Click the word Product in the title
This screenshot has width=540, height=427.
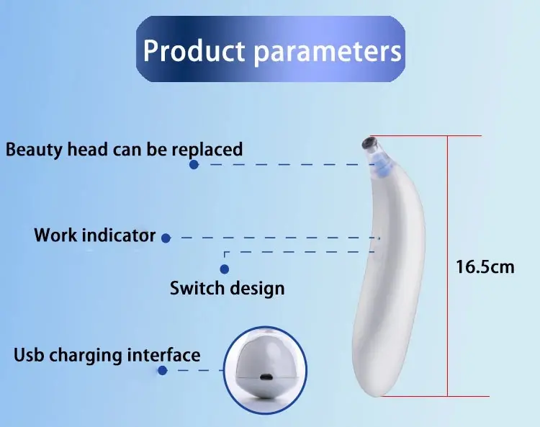[194, 50]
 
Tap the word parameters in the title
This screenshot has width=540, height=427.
[328, 53]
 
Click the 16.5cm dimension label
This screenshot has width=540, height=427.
[485, 267]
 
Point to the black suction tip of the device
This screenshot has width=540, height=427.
[369, 142]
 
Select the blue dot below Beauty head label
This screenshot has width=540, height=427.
[194, 165]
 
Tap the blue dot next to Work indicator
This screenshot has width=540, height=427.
[166, 238]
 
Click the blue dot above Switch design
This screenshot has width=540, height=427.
[225, 269]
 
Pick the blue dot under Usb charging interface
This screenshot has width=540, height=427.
[163, 371]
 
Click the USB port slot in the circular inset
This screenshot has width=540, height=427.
[266, 377]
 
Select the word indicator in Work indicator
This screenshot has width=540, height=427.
[119, 235]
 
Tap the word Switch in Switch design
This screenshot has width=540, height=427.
[197, 288]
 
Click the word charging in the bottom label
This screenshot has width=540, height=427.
[86, 356]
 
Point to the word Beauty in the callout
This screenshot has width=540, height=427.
[34, 150]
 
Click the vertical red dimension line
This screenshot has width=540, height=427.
[447, 266]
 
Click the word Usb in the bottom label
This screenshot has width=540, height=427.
[30, 355]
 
